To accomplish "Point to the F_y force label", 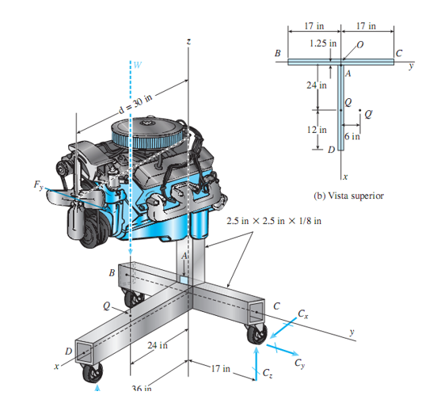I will point(39,184).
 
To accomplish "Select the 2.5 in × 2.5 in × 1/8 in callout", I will point(274,219).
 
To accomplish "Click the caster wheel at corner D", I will point(92,374).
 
